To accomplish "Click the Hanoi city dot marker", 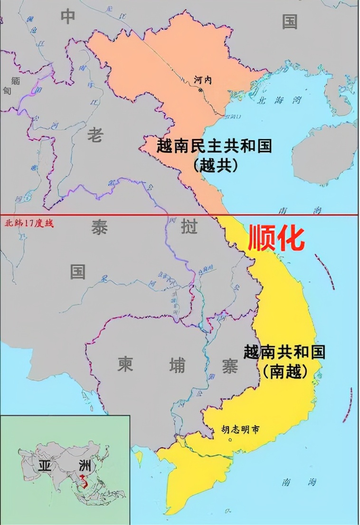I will pyautogui.click(x=201, y=89).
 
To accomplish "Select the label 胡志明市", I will pyautogui.click(x=241, y=429).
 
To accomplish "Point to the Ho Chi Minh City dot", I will pyautogui.click(x=230, y=439).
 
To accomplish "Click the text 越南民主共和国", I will pyautogui.click(x=214, y=146).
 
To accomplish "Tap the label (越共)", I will pyautogui.click(x=215, y=165).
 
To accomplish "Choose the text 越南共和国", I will pyautogui.click(x=284, y=352).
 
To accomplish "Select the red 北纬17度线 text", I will pyautogui.click(x=28, y=223).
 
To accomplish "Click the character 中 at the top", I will pyautogui.click(x=68, y=17).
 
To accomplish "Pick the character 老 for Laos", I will pyautogui.click(x=95, y=136).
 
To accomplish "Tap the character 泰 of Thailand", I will pyautogui.click(x=99, y=228).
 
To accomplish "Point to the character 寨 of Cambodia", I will pyautogui.click(x=229, y=366).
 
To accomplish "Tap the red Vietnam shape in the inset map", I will pyautogui.click(x=84, y=481).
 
